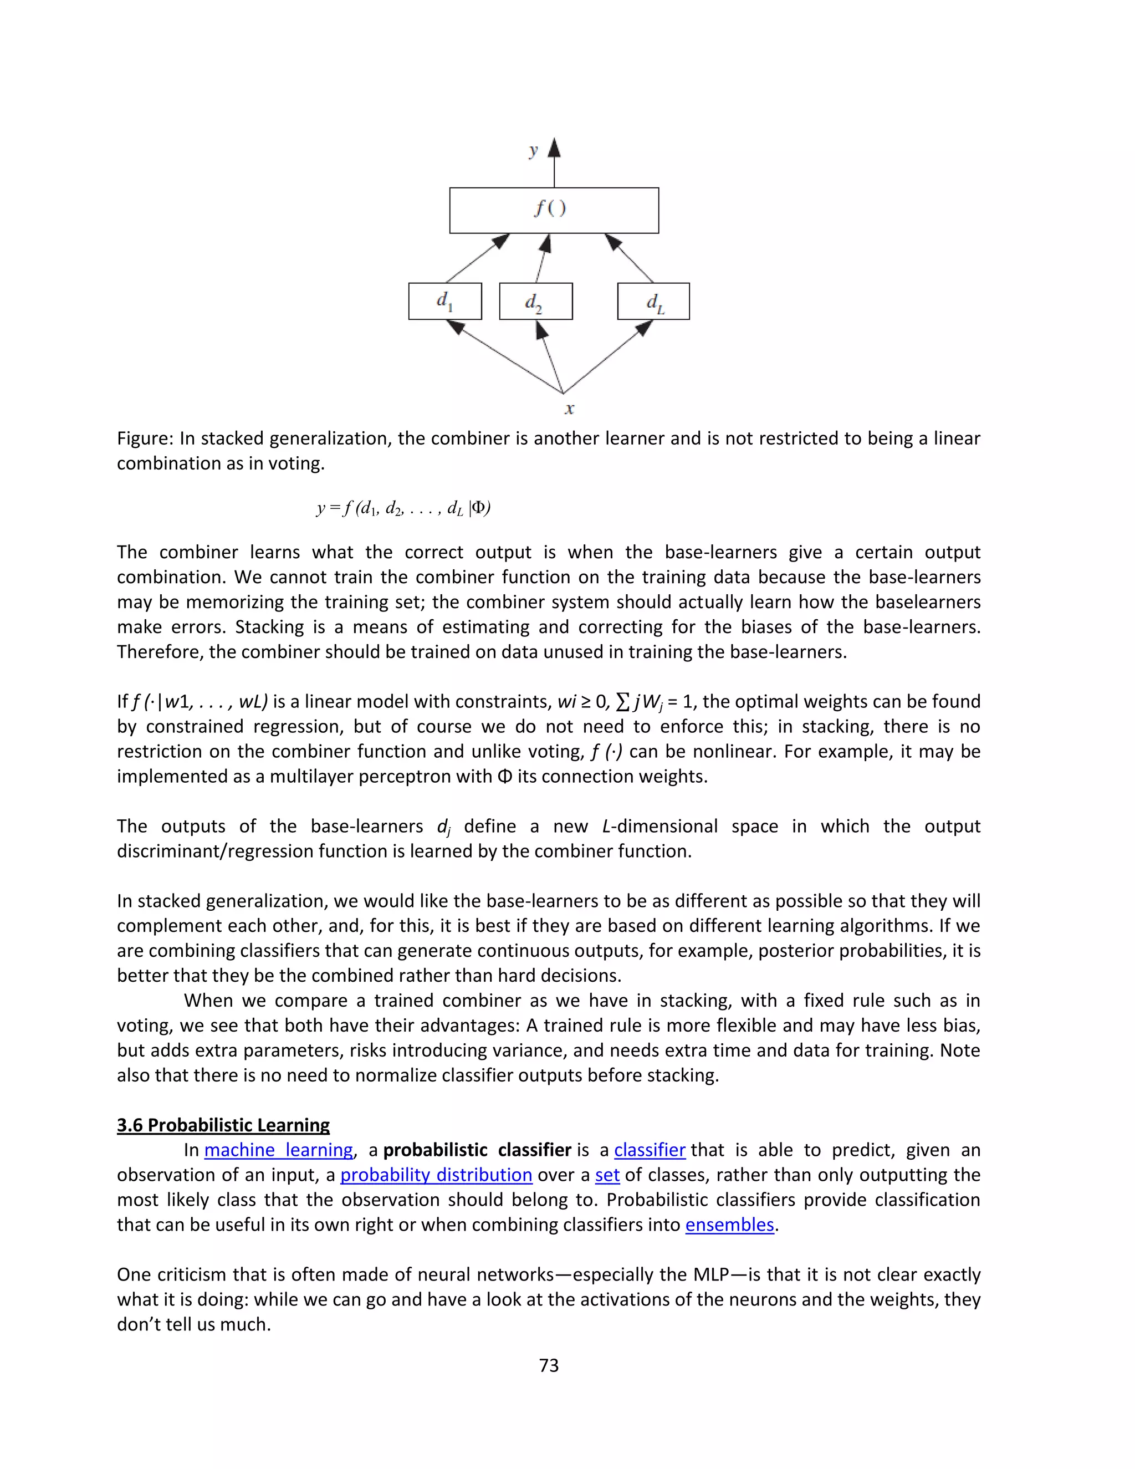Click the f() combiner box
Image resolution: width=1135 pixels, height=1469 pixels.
pos(554,211)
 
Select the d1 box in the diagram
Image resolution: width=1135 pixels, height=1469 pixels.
pos(445,302)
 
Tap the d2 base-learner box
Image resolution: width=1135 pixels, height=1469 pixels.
pos(536,302)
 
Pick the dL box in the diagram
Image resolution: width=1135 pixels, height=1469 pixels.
pos(653,302)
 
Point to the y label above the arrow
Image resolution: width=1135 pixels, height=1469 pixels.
pos(533,150)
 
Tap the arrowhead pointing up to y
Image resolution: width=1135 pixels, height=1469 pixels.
pos(554,147)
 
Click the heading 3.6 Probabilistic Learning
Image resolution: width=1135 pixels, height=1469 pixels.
pos(223,1125)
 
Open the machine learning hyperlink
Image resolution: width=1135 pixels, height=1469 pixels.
pos(278,1150)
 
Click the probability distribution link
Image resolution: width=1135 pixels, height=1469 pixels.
pos(436,1175)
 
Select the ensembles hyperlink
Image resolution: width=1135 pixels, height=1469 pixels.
pos(729,1225)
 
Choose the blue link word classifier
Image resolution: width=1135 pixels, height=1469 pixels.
pos(650,1150)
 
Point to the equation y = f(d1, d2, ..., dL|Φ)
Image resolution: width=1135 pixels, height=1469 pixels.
pos(403,508)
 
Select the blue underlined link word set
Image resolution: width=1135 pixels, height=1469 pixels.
pos(607,1175)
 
